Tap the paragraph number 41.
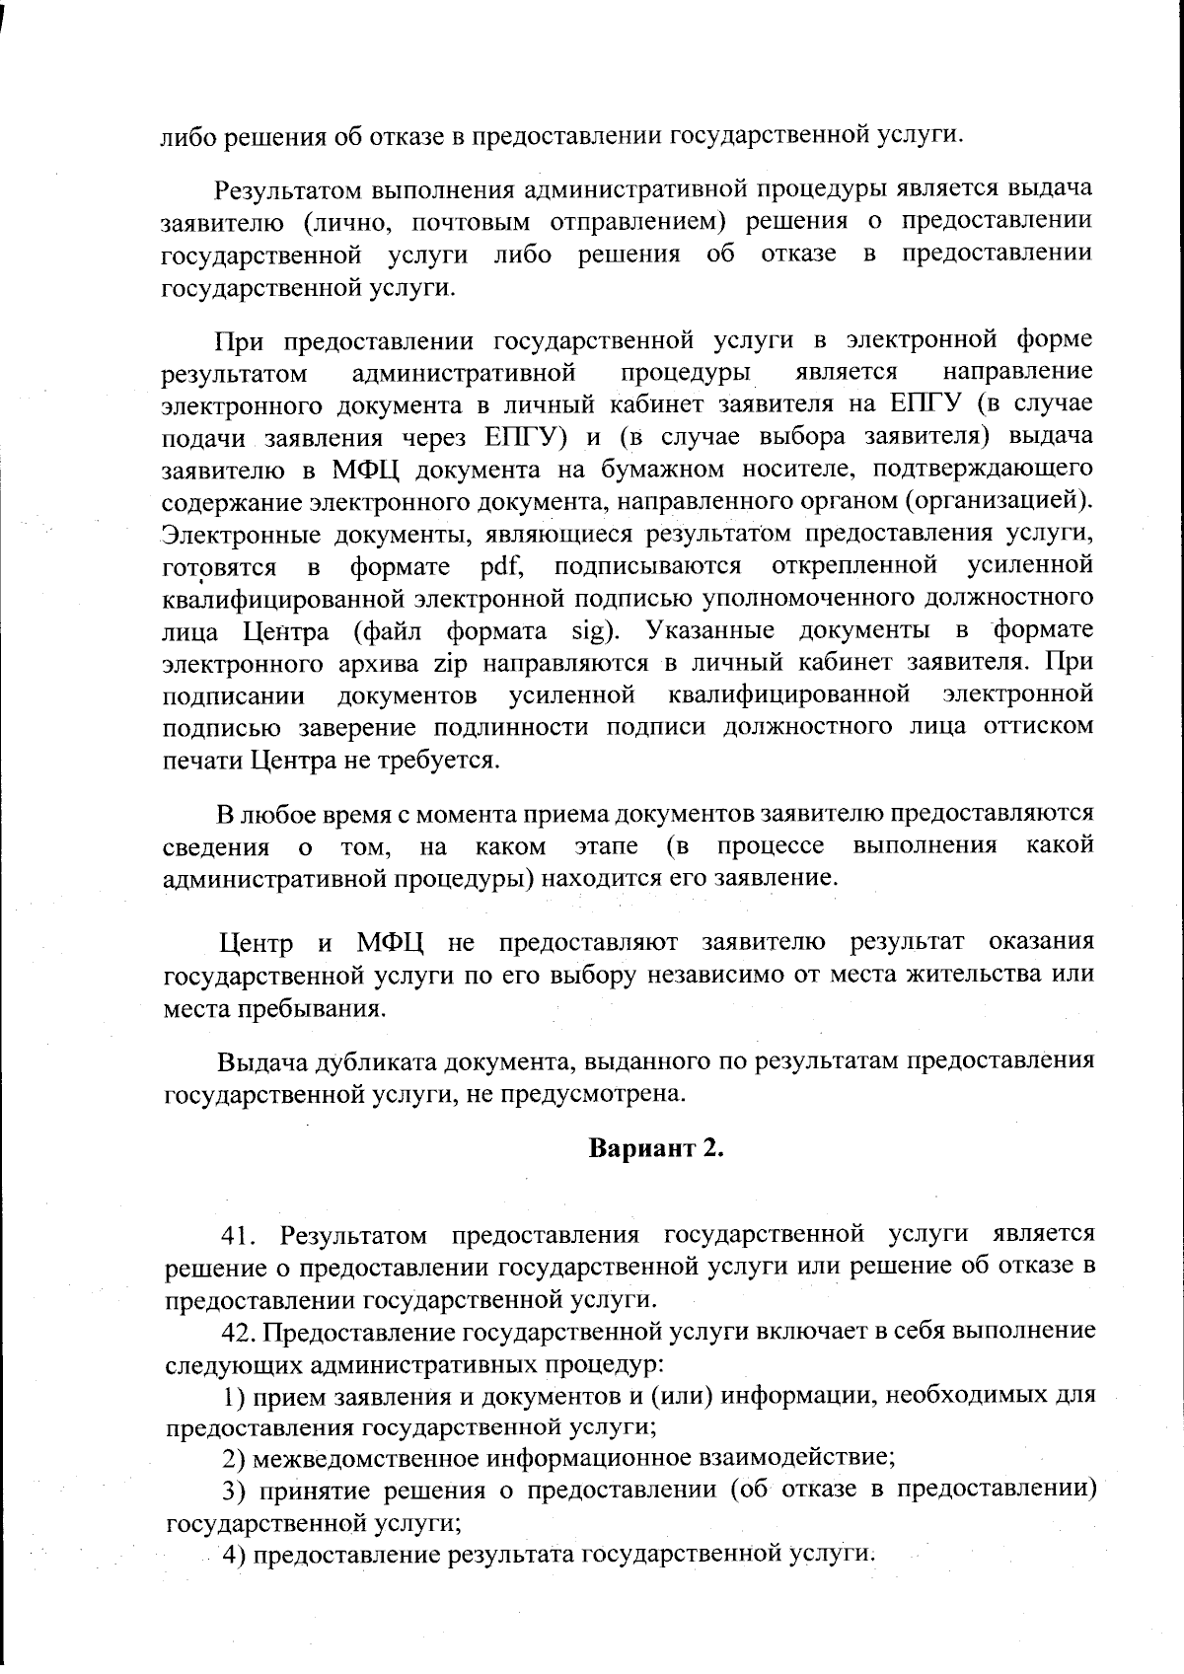pos(243,1235)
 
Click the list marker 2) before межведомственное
pos(234,1457)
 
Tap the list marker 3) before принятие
pos(234,1490)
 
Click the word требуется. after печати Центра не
pos(446,761)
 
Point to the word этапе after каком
pos(606,846)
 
